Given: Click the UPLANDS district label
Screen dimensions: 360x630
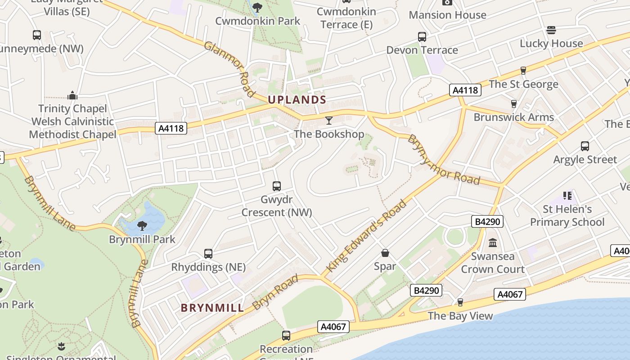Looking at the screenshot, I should point(297,99).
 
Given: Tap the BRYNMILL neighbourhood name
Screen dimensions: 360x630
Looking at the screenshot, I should point(212,308).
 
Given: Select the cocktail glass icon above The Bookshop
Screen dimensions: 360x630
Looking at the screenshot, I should point(329,120).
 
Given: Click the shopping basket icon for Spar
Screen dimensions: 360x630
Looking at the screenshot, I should point(385,253).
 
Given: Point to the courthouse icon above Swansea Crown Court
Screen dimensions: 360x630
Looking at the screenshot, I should point(493,243).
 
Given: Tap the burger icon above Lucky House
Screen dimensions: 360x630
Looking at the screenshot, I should point(551,30).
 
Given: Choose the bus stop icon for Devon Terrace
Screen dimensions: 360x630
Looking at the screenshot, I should point(422,36).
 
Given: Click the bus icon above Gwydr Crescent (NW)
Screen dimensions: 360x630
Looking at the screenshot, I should point(277,186).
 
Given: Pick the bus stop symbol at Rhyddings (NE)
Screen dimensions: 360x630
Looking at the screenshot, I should point(208,254).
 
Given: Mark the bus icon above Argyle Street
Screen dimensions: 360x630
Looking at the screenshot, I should point(585,146).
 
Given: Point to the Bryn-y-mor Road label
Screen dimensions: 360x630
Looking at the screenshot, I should point(443,160).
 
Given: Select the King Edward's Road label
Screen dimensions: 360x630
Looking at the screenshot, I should point(366,236).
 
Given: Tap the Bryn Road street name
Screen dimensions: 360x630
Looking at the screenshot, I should point(275,292).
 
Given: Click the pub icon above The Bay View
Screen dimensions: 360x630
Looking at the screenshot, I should point(460,302).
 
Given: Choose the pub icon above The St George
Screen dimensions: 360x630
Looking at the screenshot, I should point(523,70).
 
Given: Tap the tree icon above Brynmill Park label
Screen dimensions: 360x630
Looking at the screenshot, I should point(142,225).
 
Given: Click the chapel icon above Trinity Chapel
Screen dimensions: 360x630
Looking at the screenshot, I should point(72,95).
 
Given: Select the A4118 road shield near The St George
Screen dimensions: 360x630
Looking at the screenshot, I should point(465,90).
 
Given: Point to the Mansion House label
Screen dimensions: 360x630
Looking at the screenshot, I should point(447,15).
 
